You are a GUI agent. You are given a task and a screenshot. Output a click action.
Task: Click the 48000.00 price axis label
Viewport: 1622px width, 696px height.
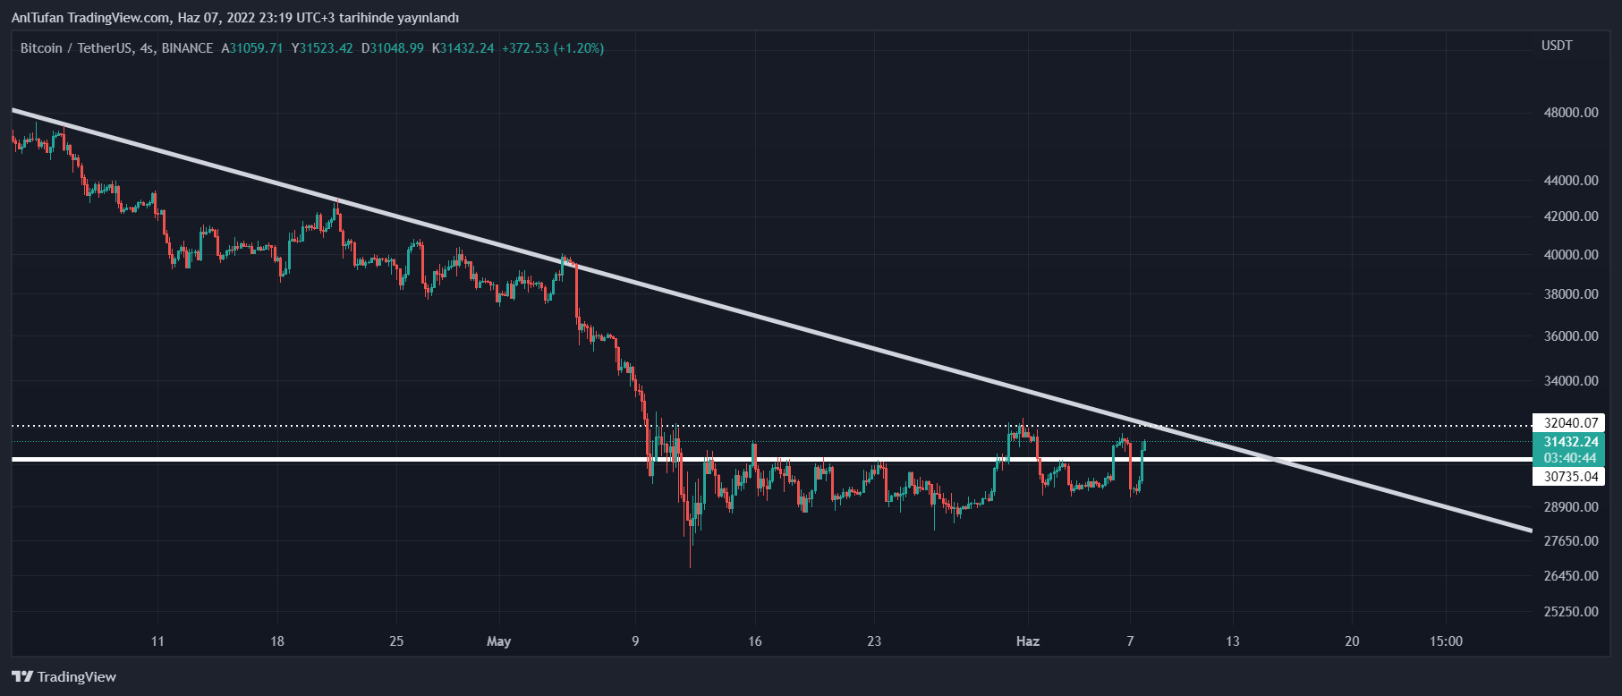(x=1571, y=113)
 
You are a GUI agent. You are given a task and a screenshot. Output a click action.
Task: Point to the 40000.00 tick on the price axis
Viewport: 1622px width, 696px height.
(x=1571, y=255)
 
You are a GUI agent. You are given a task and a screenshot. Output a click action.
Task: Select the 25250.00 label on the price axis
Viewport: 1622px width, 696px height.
(x=1571, y=612)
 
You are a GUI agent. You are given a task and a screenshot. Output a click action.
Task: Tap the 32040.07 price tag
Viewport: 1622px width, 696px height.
(x=1570, y=423)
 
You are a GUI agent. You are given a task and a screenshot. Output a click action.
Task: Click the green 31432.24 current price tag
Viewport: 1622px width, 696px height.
(x=1570, y=442)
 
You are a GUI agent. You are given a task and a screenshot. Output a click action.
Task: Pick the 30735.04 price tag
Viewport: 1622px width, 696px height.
(x=1570, y=477)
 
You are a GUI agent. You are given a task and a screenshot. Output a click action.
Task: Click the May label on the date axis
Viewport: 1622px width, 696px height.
(x=498, y=641)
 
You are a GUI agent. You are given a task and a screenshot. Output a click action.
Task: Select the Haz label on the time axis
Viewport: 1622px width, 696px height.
(x=1028, y=641)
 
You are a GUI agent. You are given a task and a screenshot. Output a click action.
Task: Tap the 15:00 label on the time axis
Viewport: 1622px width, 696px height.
(x=1446, y=641)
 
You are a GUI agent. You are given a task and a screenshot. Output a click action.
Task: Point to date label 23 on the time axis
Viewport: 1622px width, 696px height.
(x=874, y=641)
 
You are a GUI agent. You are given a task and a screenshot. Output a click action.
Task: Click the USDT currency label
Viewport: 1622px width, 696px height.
(x=1557, y=46)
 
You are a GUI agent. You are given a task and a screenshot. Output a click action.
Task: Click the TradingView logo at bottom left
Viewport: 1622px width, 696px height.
(x=64, y=677)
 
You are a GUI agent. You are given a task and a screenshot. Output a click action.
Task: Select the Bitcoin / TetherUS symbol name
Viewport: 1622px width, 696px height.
(x=76, y=48)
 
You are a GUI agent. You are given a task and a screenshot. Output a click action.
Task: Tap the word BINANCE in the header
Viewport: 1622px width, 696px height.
(x=187, y=48)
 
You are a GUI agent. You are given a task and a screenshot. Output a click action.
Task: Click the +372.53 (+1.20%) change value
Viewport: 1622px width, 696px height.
(x=552, y=48)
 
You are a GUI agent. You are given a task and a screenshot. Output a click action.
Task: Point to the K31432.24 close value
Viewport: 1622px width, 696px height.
(x=463, y=48)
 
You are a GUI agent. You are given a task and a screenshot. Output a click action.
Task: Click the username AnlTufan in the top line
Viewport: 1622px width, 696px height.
(x=37, y=18)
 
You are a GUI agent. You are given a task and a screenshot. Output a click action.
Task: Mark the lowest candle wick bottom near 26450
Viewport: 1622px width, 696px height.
(x=691, y=565)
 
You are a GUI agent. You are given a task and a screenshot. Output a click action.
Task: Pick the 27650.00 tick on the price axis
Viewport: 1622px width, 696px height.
(x=1571, y=541)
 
